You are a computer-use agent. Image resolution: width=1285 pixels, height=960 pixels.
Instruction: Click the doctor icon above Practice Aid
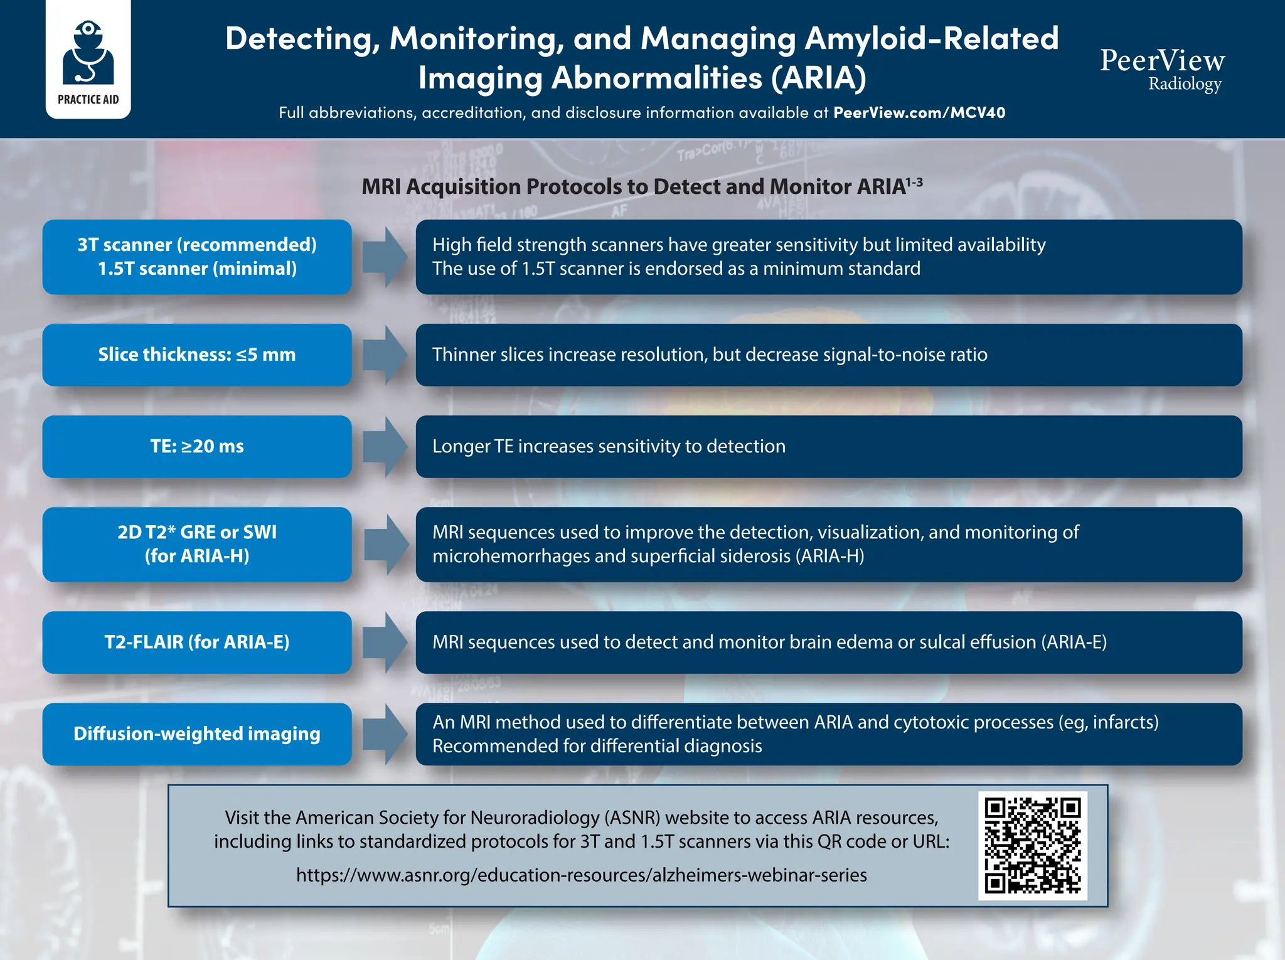click(x=88, y=53)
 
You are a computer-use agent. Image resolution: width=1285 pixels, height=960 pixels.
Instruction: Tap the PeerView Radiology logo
click(x=1162, y=69)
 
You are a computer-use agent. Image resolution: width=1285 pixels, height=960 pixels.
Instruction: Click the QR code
click(x=1032, y=845)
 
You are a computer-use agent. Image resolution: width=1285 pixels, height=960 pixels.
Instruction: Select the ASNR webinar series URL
click(x=581, y=875)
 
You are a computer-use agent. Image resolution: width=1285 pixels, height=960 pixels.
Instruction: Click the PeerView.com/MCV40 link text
click(x=919, y=113)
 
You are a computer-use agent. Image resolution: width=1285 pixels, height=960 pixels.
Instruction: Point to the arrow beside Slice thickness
click(x=385, y=355)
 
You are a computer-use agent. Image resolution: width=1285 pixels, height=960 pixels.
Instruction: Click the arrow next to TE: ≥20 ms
click(x=385, y=447)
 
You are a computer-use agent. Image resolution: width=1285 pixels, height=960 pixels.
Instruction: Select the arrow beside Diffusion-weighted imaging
click(x=385, y=734)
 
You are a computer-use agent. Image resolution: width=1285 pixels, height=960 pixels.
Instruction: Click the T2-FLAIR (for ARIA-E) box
click(x=197, y=643)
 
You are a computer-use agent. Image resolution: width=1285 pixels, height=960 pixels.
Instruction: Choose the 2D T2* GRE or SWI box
click(x=197, y=544)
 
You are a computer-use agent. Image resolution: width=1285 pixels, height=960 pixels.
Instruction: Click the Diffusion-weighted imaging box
click(x=197, y=734)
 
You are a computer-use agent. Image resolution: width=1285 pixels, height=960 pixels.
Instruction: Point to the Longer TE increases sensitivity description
click(x=609, y=446)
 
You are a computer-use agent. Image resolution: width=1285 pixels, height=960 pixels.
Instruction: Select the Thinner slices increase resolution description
click(x=710, y=355)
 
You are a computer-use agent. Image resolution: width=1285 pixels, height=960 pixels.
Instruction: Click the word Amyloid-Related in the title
click(x=931, y=39)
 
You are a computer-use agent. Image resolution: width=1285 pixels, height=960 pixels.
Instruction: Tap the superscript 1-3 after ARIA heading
click(x=914, y=183)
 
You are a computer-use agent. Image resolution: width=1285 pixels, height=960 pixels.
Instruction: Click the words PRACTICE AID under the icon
click(x=88, y=100)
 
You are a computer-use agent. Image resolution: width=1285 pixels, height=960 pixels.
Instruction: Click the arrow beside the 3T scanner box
click(x=385, y=257)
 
